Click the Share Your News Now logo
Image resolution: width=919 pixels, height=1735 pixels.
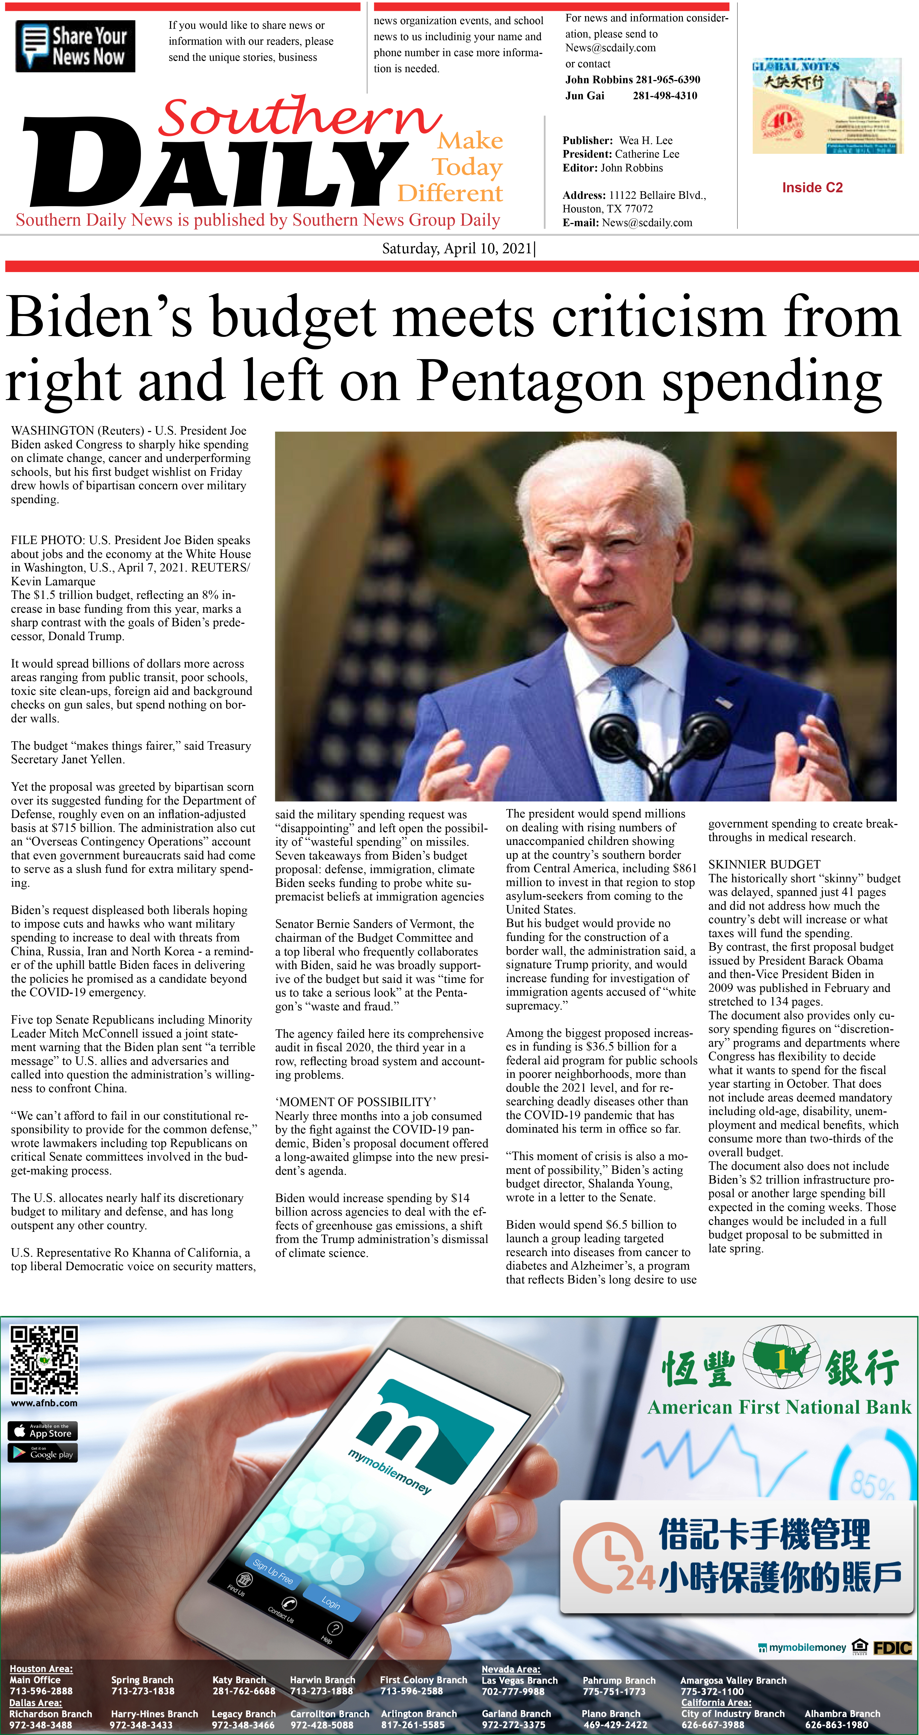coord(75,46)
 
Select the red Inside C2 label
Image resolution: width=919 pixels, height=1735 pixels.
coord(812,187)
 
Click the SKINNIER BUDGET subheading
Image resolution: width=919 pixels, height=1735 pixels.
coord(764,864)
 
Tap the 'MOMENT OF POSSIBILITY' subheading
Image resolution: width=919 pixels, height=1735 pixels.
coord(355,1102)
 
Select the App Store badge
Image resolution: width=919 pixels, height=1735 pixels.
coord(42,1431)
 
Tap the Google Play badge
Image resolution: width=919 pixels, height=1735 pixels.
coord(42,1453)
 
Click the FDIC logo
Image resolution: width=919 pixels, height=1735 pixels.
coord(892,1647)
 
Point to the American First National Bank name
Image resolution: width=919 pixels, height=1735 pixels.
coord(779,1407)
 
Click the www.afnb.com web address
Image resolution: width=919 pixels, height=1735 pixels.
coord(44,1403)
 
